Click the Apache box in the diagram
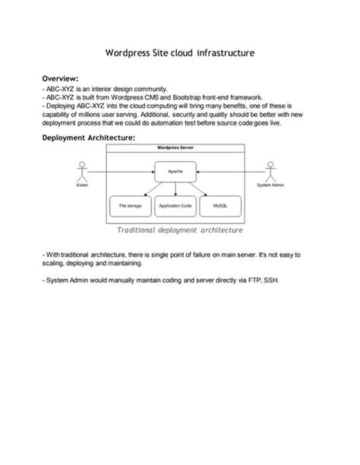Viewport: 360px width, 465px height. tap(175, 172)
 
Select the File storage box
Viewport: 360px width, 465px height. tap(129, 206)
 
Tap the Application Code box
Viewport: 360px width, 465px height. tap(175, 206)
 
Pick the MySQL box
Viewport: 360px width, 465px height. tap(221, 206)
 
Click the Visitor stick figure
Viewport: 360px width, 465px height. tap(81, 171)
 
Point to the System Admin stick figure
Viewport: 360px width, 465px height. tap(270, 171)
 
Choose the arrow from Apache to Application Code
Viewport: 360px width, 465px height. tap(175, 189)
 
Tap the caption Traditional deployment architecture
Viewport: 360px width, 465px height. tap(180, 229)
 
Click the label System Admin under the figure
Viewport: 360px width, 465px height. tap(270, 185)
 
